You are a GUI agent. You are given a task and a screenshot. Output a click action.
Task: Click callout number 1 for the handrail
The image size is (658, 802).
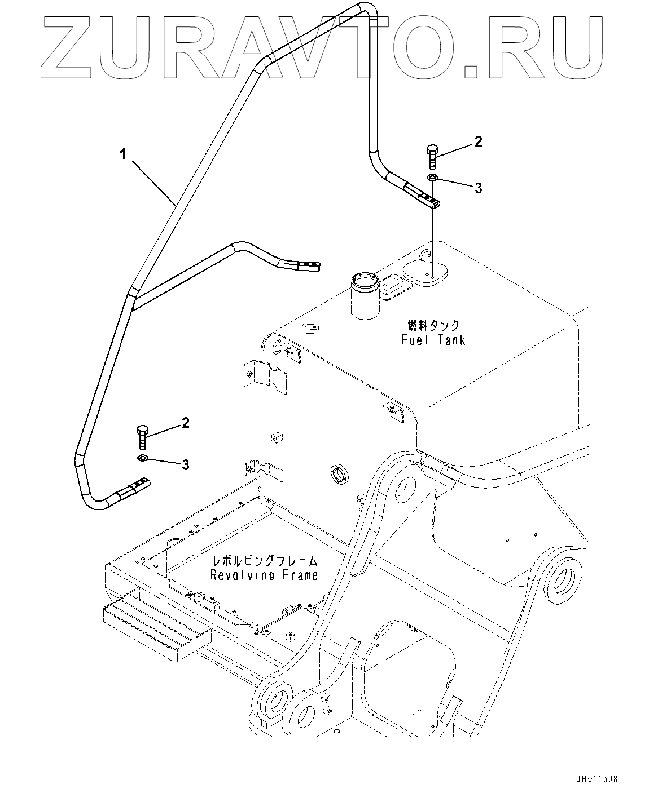coord(122,155)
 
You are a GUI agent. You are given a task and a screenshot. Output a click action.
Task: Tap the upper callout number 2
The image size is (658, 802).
coord(479,141)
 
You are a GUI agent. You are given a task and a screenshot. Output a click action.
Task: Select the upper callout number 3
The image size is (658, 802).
coord(479,188)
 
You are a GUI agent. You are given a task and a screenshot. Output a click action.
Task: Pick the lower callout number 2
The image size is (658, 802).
coord(186,423)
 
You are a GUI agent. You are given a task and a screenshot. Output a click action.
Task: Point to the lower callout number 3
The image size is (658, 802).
coord(186,464)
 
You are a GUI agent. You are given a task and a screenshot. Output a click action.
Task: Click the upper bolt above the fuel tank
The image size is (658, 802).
coord(432,157)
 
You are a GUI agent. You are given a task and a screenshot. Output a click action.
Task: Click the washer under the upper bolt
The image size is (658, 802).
coord(432,177)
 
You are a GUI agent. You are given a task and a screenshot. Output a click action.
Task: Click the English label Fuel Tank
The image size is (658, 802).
coord(433,340)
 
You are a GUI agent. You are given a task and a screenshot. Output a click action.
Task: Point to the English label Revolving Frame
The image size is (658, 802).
coord(264,575)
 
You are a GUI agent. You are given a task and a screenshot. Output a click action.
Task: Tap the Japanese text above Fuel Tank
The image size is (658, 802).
coord(433,326)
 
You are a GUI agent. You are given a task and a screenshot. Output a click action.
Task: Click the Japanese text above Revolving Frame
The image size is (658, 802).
coord(265,561)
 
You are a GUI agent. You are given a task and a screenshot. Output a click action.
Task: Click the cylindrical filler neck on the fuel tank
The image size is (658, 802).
coord(365,295)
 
